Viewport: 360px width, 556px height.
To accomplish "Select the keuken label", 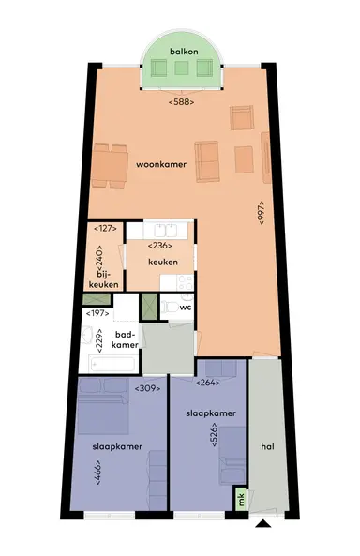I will click(163, 262).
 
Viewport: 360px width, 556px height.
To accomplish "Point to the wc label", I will click(186, 307).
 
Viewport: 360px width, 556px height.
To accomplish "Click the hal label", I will click(267, 448).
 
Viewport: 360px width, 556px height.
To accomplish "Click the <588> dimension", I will click(181, 100).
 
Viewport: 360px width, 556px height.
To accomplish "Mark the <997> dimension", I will click(261, 214).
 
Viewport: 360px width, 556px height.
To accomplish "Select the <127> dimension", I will click(104, 228).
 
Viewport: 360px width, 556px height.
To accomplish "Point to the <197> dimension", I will click(97, 313).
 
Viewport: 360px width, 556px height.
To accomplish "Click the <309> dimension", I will click(147, 387).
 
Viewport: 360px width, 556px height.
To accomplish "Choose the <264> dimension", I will click(207, 383).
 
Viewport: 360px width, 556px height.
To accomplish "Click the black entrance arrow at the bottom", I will click(263, 526).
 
